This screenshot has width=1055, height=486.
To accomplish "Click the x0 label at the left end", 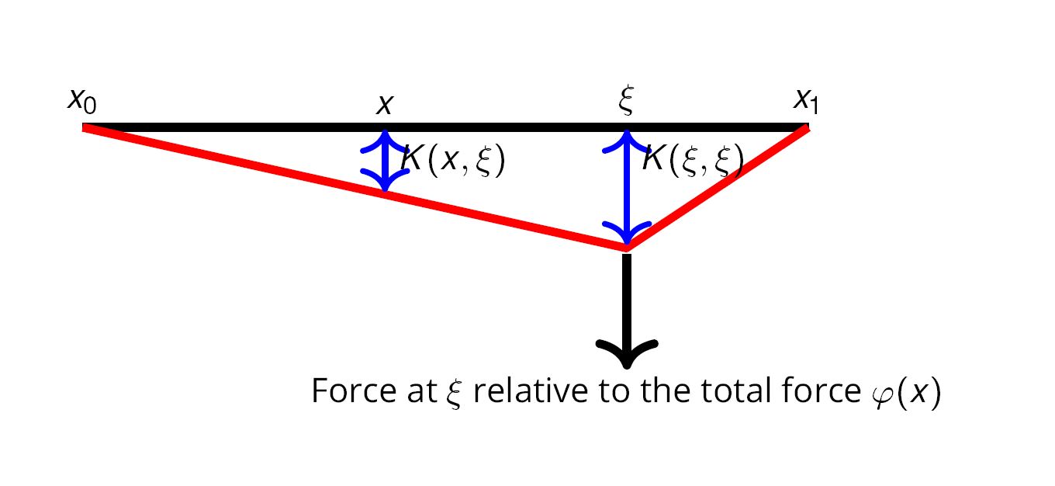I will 82,101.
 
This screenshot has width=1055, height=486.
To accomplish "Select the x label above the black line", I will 383,104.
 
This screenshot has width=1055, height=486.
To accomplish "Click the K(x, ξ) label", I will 454,161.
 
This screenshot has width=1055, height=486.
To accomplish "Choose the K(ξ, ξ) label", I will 693,161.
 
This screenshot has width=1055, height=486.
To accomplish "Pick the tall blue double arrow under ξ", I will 627,186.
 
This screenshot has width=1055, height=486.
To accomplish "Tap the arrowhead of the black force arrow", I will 627,353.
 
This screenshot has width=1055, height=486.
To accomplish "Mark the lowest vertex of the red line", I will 627,247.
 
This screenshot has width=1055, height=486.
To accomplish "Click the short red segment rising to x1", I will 718,188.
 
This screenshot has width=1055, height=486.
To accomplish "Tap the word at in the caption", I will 416,391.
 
